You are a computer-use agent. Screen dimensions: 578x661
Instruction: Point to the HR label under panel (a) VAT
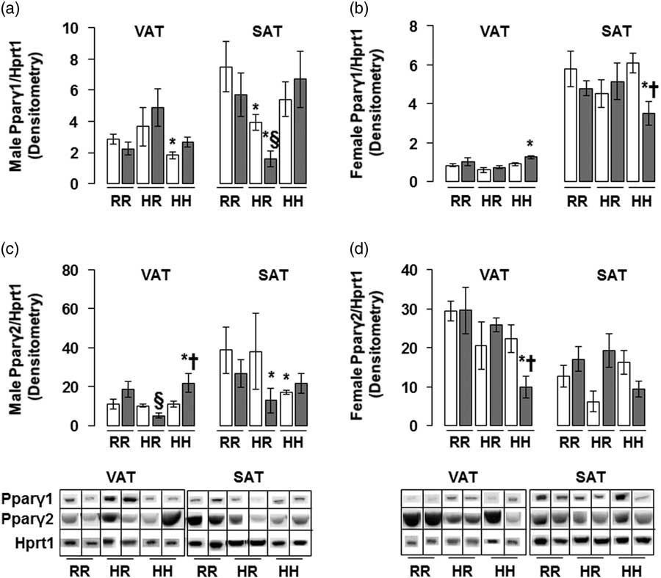click(149, 198)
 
